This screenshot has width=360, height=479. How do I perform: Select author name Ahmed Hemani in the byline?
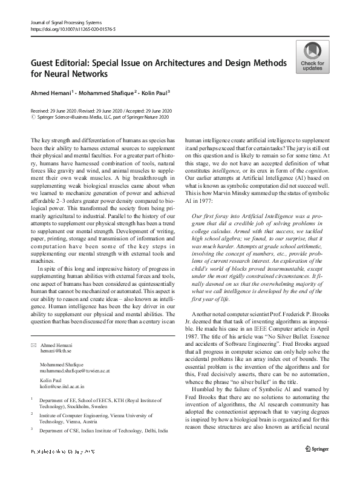tap(51, 93)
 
